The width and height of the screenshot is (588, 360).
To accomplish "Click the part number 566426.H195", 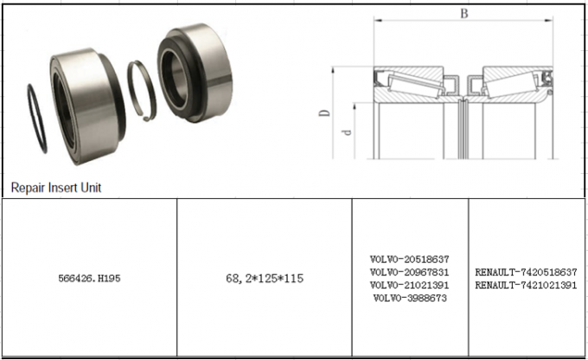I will [89, 279].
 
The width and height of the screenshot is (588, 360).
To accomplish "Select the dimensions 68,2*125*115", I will [264, 279].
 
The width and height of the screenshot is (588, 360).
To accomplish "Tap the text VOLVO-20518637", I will [410, 259].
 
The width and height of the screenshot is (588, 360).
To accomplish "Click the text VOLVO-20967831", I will [410, 272].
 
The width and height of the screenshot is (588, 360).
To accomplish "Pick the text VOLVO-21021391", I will [410, 285].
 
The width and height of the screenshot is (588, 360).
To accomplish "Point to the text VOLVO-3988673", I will [410, 298].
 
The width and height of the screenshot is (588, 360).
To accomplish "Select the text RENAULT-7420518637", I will [526, 272].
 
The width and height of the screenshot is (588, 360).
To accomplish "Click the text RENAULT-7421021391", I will [526, 285].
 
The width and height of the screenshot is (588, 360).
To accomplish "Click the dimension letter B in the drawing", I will [464, 13].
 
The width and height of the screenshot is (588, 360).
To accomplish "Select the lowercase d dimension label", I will [347, 132].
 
